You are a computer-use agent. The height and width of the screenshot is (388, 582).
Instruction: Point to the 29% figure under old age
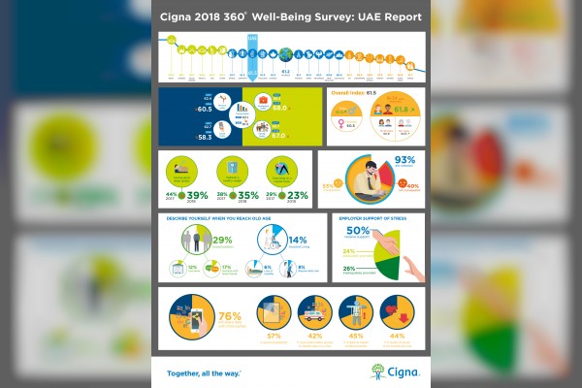coord(222,240)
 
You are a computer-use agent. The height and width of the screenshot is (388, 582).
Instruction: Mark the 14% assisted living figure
coord(297,239)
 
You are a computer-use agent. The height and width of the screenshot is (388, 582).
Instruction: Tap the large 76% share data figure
coord(231,316)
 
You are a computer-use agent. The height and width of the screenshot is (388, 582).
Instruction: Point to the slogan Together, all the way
coord(203,372)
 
